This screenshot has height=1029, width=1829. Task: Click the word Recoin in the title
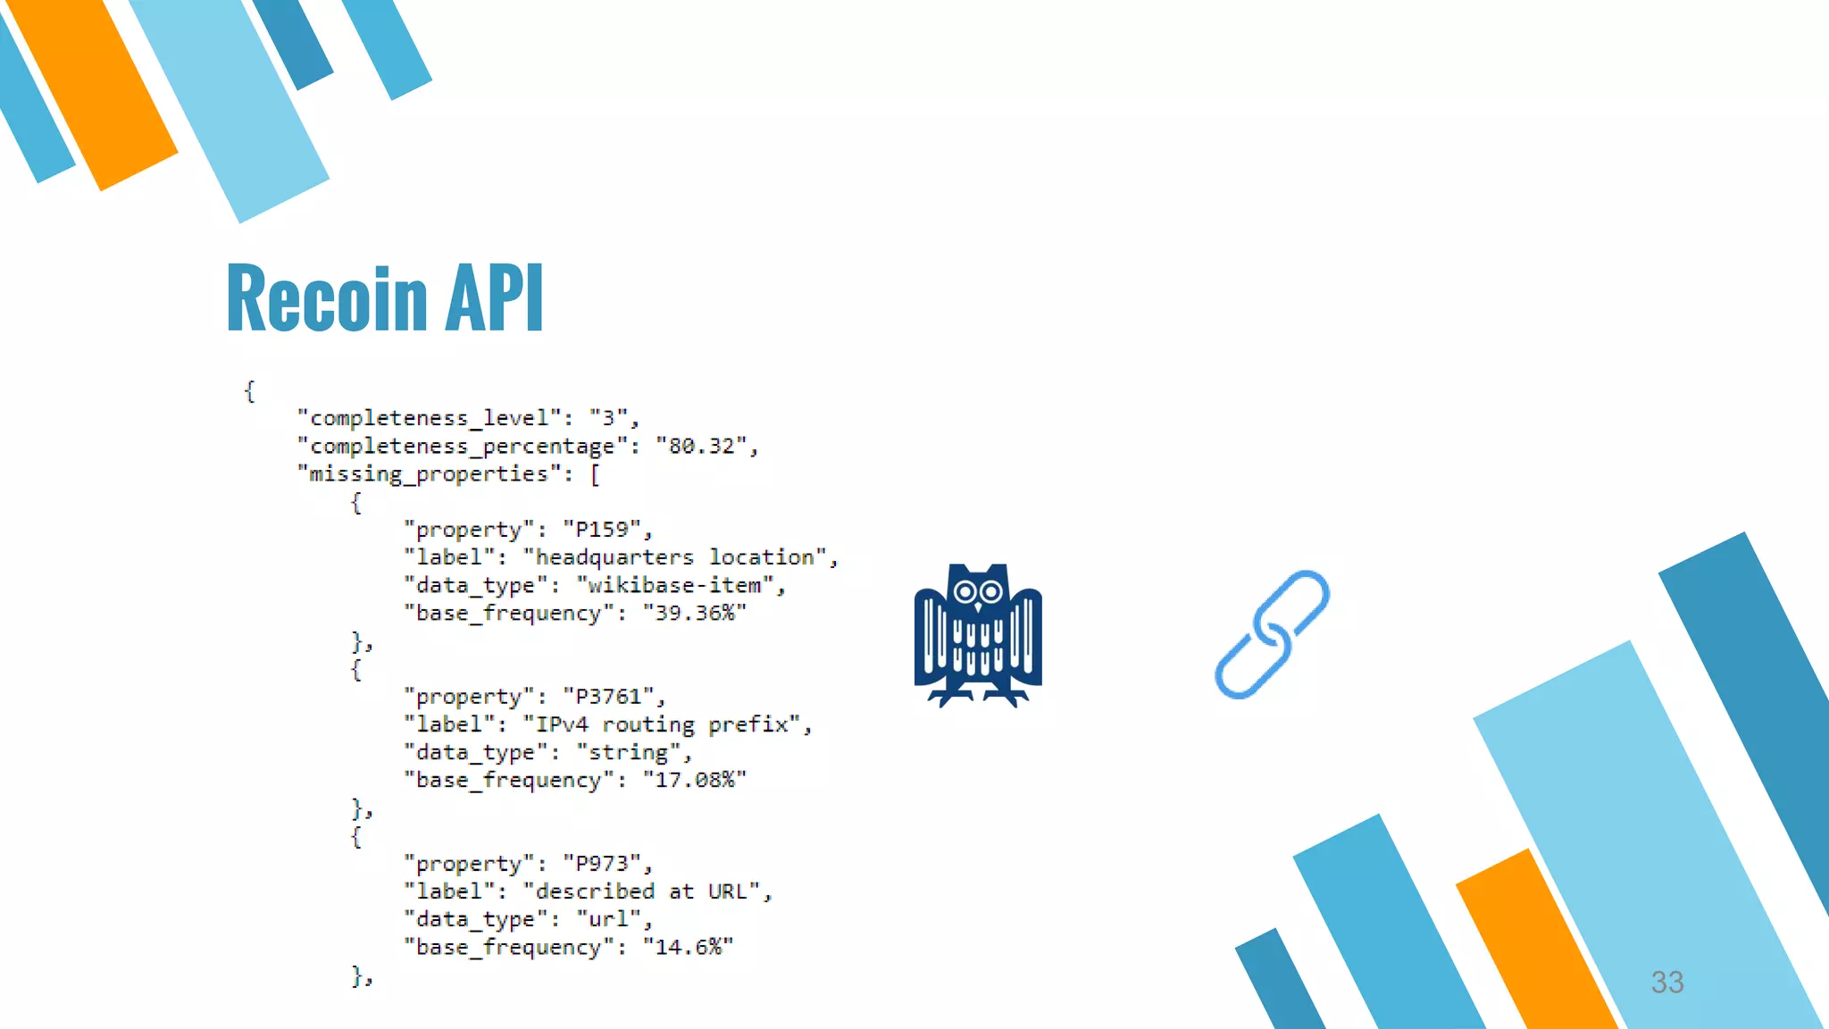click(327, 298)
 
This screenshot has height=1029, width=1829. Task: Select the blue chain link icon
click(1272, 634)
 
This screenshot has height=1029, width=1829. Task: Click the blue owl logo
click(978, 634)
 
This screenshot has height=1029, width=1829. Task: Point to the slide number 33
click(1666, 982)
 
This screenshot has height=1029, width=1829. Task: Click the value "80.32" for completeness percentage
click(701, 446)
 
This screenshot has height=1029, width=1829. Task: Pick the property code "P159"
click(602, 530)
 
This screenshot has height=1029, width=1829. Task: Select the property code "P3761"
click(608, 697)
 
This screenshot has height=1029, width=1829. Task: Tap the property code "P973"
click(602, 864)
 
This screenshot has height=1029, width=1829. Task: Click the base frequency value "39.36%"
click(694, 614)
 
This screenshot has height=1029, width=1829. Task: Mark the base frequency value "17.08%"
click(694, 781)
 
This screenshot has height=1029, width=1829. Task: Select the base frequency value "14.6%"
click(688, 948)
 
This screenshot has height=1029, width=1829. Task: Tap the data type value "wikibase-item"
click(674, 586)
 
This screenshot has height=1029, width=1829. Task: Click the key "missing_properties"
click(428, 474)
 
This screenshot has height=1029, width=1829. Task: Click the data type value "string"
click(628, 753)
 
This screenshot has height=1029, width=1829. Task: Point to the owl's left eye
click(965, 591)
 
